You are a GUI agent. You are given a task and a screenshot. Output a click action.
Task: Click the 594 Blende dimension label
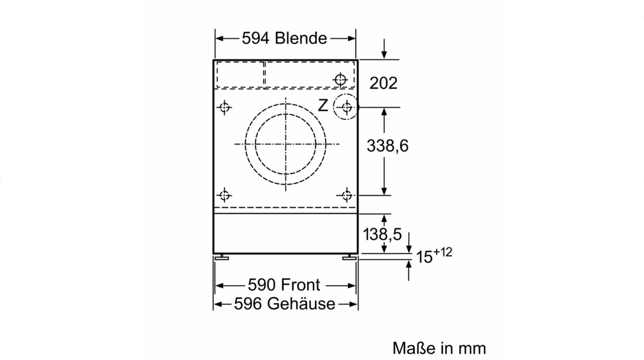[x=284, y=38]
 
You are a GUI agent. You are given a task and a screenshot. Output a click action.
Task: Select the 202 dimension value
[x=383, y=83]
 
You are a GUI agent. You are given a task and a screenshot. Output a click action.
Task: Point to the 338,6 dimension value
[x=387, y=146]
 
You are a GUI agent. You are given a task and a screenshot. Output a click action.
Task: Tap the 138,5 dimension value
[x=382, y=234]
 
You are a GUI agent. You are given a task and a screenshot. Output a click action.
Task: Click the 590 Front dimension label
[x=284, y=285]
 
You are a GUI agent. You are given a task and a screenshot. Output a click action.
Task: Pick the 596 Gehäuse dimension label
[x=284, y=304]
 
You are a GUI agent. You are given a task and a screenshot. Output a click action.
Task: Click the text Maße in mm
[x=439, y=348]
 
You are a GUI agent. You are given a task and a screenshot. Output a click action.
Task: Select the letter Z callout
[x=323, y=105]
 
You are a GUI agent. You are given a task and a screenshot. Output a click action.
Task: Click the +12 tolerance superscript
[x=443, y=252]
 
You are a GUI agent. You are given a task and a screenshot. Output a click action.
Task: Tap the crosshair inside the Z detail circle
[x=347, y=107]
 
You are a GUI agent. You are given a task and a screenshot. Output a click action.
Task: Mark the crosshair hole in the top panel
[x=340, y=80]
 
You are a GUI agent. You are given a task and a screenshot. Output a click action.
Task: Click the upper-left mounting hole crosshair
[x=224, y=107]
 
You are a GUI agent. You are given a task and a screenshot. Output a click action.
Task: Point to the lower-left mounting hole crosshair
[x=224, y=195]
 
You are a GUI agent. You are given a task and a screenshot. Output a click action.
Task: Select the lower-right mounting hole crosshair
[x=347, y=195]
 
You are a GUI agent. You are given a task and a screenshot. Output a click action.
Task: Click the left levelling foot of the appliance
[x=222, y=257]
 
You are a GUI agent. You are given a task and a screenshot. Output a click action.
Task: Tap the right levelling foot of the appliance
[x=349, y=257]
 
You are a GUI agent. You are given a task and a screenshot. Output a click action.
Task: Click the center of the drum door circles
[x=285, y=144]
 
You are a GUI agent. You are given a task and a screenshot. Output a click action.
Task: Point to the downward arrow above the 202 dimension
[x=384, y=49]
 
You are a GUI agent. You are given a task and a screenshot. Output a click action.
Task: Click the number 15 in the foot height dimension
[x=424, y=257]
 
